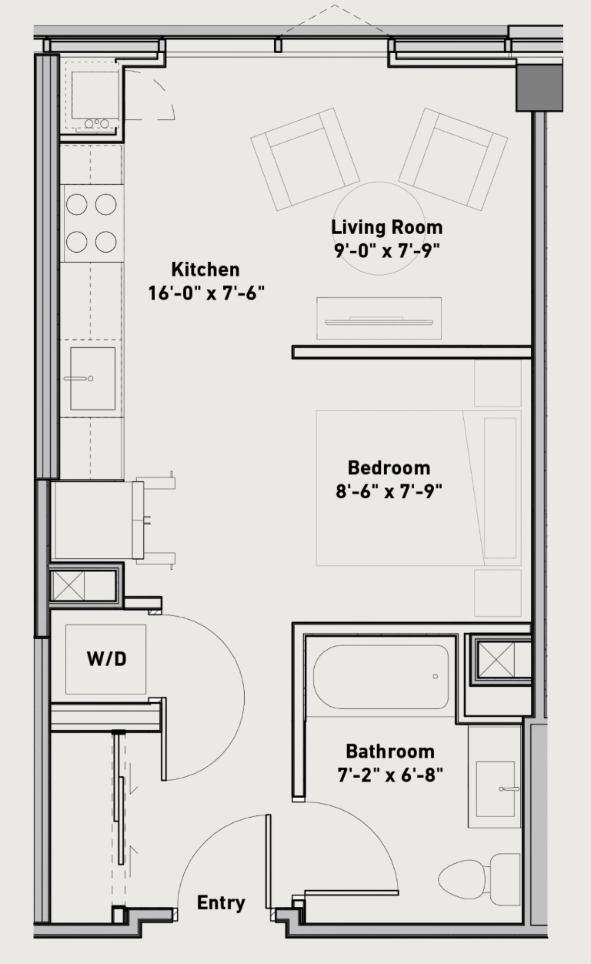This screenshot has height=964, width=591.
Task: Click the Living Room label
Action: click(x=386, y=227)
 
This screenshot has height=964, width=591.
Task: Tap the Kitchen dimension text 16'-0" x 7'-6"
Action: click(x=206, y=293)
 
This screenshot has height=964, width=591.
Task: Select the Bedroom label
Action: click(x=389, y=468)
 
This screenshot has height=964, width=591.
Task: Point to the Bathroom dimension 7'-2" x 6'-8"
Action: click(x=390, y=775)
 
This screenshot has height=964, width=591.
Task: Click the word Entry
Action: click(x=221, y=903)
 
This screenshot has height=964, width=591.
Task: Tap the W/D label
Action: click(x=107, y=658)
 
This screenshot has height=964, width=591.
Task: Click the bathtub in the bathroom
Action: click(x=381, y=677)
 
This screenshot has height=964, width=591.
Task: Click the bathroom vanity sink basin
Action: click(x=496, y=789)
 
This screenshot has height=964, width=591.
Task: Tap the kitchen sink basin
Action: click(x=93, y=379)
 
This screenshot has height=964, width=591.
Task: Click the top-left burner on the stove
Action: click(x=76, y=204)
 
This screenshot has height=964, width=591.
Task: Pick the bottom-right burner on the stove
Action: click(x=106, y=242)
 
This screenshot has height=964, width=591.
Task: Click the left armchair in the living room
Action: click(x=305, y=159)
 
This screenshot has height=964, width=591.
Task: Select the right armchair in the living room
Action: click(x=453, y=159)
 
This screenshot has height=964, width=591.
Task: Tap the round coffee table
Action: click(x=379, y=229)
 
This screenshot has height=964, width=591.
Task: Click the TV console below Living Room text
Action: click(x=379, y=318)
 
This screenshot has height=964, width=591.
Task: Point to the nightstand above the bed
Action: click(x=498, y=383)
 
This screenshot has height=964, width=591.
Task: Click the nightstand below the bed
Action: click(x=498, y=593)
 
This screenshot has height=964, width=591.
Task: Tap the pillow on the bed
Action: click(x=500, y=487)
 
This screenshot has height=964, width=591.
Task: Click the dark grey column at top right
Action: click(x=539, y=88)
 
